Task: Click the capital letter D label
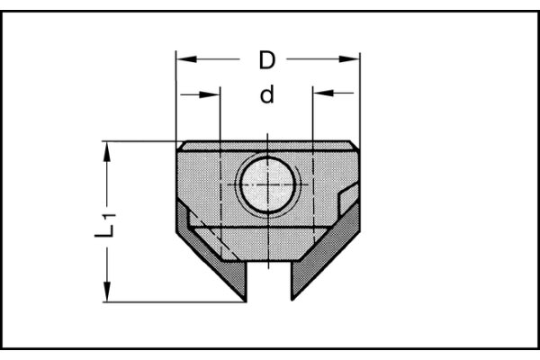[x=266, y=61]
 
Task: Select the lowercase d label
[x=266, y=94]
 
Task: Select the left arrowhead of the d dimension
[x=213, y=94]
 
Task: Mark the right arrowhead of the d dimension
[x=319, y=94]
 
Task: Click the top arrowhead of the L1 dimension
[x=109, y=149]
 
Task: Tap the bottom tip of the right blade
[x=292, y=298]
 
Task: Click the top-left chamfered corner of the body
[x=181, y=145]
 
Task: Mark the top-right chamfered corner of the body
[x=352, y=145]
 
